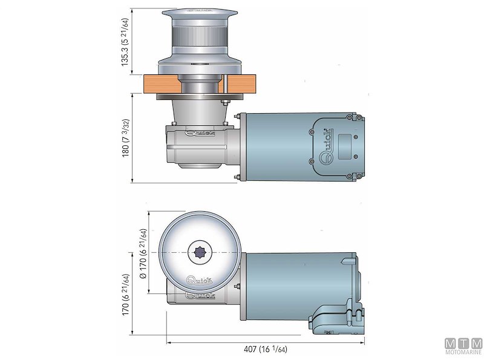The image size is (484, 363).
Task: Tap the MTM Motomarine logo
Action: (x=464, y=346)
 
